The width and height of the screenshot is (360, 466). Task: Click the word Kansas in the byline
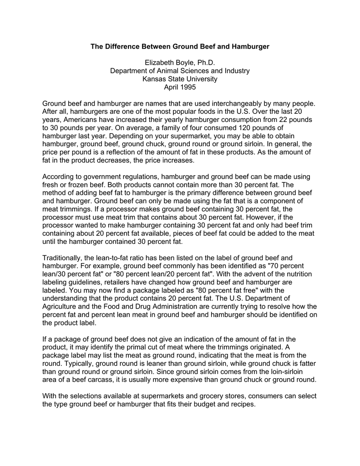pyautogui.click(x=155, y=79)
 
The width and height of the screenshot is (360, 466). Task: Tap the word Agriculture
pyautogui.click(x=62, y=306)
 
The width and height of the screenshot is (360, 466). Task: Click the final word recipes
pyautogui.click(x=244, y=404)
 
